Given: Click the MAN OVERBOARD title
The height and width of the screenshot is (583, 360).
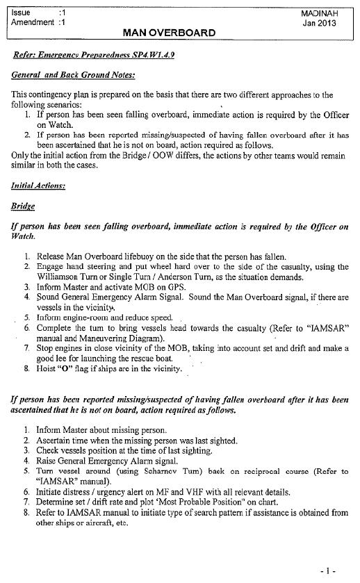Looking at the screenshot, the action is [169, 32].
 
